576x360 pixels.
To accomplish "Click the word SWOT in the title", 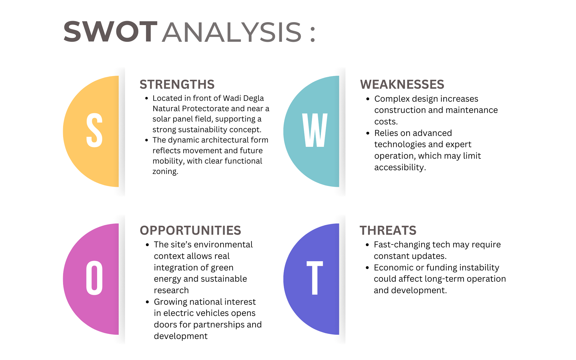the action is point(110,31).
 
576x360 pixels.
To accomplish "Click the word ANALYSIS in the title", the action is point(232,32).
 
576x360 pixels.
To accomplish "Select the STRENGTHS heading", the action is point(177,84).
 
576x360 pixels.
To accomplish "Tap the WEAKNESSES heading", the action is point(402,84).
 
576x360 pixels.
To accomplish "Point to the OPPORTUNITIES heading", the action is point(190,230).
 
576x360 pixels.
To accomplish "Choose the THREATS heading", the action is point(388,230).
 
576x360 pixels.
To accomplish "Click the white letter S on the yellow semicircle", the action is point(94,130).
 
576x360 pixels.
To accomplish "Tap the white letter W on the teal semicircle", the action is point(315,130).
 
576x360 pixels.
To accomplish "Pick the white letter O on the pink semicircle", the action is point(94,278).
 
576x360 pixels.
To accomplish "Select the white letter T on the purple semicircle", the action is point(315,278).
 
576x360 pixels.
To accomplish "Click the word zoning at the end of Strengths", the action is point(165,171).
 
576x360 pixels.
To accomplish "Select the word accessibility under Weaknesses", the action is point(400,167).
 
